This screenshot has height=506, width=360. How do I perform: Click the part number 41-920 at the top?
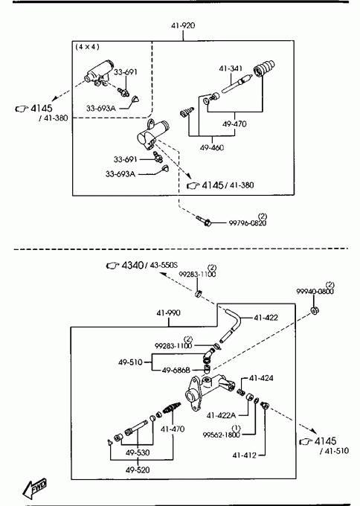point(183,25)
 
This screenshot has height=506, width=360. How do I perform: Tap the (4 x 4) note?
point(87,47)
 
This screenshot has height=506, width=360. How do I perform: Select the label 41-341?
point(231,68)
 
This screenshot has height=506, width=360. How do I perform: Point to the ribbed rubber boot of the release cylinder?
point(264,68)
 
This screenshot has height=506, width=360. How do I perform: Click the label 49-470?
point(234,124)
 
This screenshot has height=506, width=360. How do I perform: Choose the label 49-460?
point(212,148)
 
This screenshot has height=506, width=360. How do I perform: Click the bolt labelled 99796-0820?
point(204,221)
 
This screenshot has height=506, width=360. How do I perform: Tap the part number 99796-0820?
point(248,223)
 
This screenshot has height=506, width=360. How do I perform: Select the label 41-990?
point(168,313)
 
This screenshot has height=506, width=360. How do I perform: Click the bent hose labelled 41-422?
point(231,325)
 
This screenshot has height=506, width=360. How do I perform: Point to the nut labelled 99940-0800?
point(314,311)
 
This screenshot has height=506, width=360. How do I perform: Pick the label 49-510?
point(130,362)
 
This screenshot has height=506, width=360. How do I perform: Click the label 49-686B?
point(176,370)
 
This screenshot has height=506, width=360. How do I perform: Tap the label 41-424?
point(261,378)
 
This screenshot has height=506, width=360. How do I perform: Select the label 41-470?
point(173,429)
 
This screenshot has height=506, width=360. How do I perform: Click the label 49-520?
point(138,470)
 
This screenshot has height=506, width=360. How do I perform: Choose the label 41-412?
point(244,455)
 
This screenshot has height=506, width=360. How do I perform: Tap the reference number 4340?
point(132,265)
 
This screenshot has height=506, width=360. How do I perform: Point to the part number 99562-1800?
point(222,435)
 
